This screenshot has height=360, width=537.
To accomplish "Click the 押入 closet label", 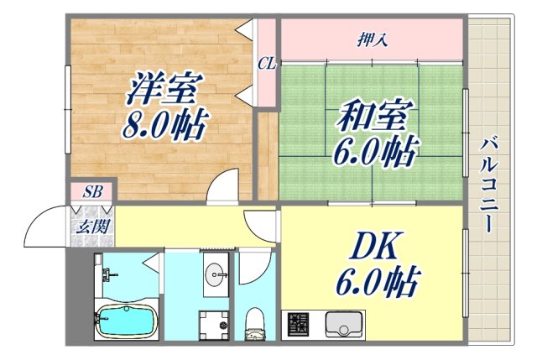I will pos(372,38).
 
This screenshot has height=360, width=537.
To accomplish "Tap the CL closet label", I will pos(267,63).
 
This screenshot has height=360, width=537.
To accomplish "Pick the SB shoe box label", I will pos(92,192).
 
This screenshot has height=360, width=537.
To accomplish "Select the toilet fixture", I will pos(254,324).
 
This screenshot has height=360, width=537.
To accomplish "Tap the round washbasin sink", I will pos(216,274).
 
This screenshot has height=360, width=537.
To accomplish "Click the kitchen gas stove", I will pos(299,324).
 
